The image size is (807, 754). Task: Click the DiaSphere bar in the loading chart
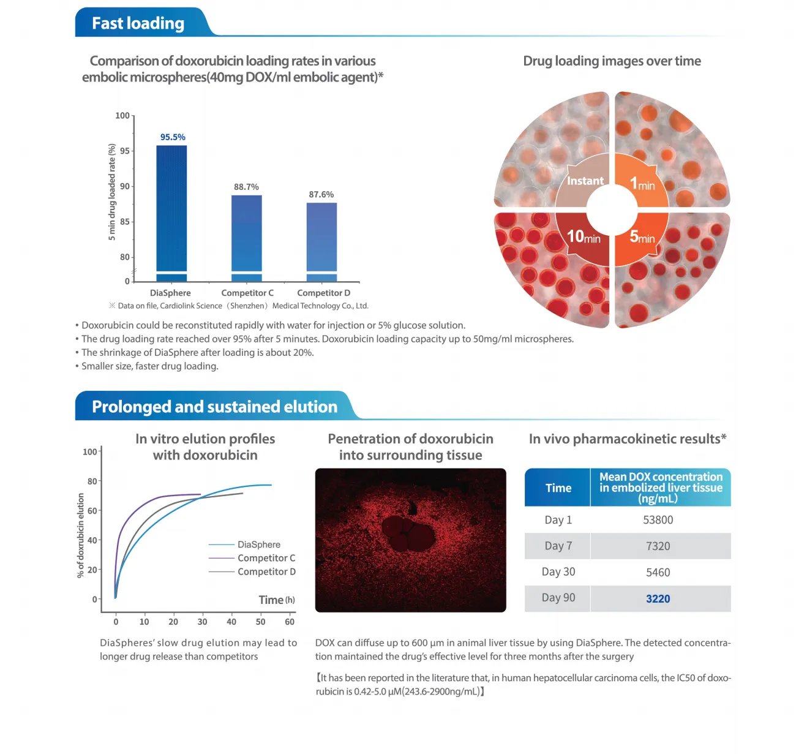pyautogui.click(x=171, y=211)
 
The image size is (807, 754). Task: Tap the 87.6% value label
pyautogui.click(x=321, y=195)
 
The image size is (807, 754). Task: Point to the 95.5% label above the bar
pyautogui.click(x=173, y=137)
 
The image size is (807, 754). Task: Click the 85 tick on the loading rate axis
pyautogui.click(x=125, y=222)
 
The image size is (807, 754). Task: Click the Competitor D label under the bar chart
pyautogui.click(x=323, y=293)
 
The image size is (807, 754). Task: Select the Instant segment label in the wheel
pyautogui.click(x=585, y=181)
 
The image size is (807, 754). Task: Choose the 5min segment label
pyautogui.click(x=642, y=236)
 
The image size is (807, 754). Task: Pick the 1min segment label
pyautogui.click(x=642, y=183)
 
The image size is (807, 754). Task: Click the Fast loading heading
pyautogui.click(x=138, y=23)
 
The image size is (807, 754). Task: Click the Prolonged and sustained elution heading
pyautogui.click(x=214, y=407)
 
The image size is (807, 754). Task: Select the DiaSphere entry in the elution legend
pyautogui.click(x=258, y=545)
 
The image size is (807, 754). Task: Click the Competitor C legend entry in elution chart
pyautogui.click(x=266, y=558)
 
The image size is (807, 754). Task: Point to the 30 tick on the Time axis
pyautogui.click(x=202, y=622)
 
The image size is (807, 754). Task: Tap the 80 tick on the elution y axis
pyautogui.click(x=92, y=481)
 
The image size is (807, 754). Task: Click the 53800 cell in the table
pyautogui.click(x=658, y=520)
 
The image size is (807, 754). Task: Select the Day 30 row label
pyautogui.click(x=558, y=572)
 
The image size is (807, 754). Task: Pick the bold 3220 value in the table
pyautogui.click(x=658, y=599)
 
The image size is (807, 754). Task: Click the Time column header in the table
pyautogui.click(x=558, y=488)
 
